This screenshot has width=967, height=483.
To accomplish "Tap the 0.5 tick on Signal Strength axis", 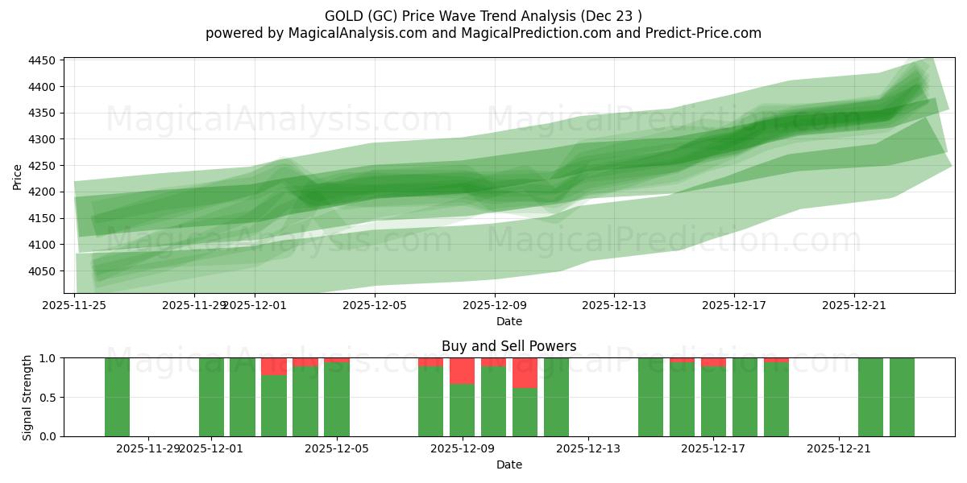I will click(x=48, y=398).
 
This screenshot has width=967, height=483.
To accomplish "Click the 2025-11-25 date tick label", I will click(x=74, y=305).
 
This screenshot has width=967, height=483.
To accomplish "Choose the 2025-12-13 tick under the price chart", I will click(x=614, y=305).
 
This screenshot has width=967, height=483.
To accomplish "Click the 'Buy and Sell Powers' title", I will click(x=508, y=347).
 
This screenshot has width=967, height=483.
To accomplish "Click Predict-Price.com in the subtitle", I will click(x=699, y=33).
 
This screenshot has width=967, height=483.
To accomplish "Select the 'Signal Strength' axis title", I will click(x=27, y=397).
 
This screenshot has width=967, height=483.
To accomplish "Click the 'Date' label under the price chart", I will click(x=508, y=321).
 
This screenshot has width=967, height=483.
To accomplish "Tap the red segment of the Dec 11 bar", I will click(x=525, y=373).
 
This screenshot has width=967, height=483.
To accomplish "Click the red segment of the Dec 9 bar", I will click(x=462, y=371).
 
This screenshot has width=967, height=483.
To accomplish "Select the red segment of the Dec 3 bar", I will click(x=274, y=366).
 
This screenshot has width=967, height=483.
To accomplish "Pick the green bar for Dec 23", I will click(x=902, y=397).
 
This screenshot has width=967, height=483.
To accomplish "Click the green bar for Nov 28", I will click(x=118, y=397).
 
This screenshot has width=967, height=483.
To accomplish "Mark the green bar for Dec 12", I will click(x=556, y=397).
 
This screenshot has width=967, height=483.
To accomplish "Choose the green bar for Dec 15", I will click(x=650, y=397).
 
